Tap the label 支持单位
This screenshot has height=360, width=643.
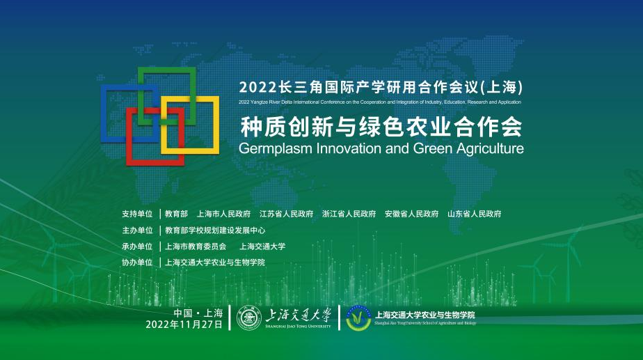tap(137, 214)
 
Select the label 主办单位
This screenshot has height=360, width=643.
tap(137, 230)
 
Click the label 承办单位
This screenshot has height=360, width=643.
tap(137, 246)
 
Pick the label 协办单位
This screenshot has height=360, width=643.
tap(137, 263)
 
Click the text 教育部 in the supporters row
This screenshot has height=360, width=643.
tap(177, 214)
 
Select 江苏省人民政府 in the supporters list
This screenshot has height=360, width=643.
tap(286, 214)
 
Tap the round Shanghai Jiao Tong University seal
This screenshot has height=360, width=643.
tap(248, 318)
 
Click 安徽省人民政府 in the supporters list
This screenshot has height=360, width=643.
tap(411, 214)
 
